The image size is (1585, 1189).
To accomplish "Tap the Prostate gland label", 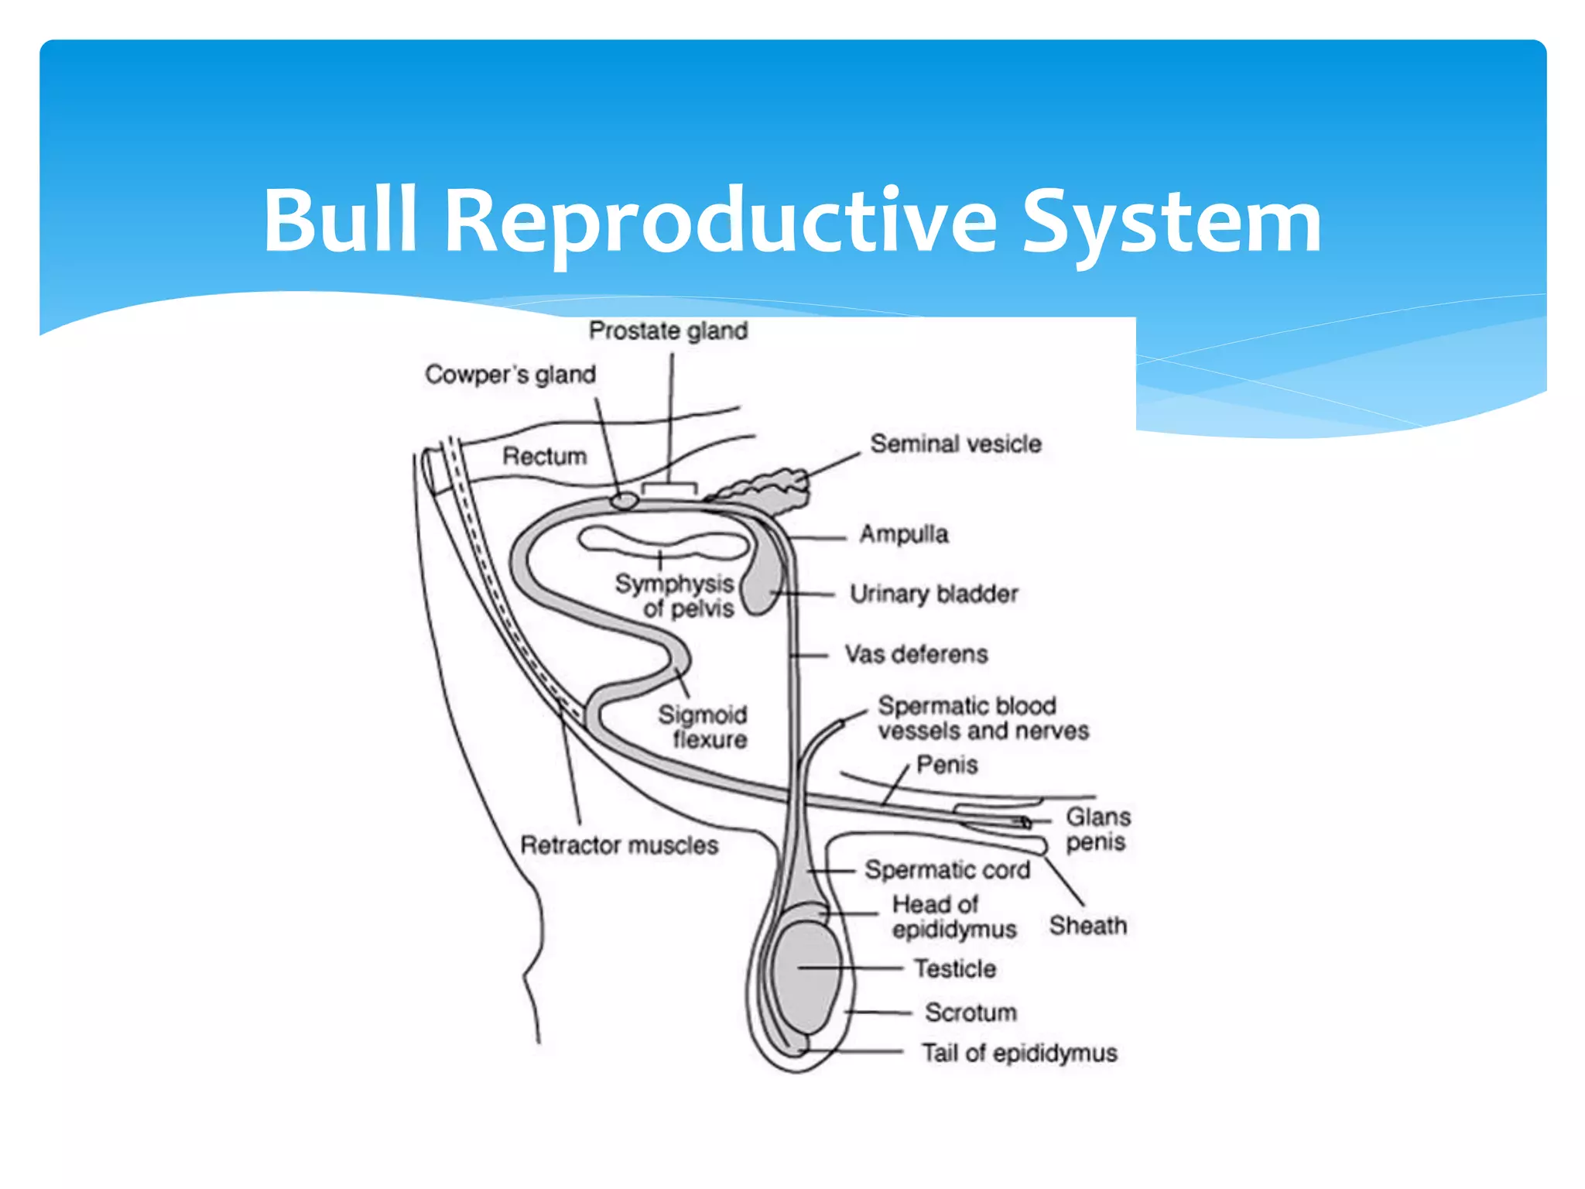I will coord(668,331).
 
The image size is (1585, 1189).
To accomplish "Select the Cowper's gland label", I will coord(510,375).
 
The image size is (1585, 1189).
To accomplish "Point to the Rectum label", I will coord(544,456).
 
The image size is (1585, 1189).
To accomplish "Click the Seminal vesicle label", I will coord(955,444).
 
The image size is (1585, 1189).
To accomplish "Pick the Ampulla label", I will coord(903,533).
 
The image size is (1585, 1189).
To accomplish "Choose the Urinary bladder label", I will coord(933,594).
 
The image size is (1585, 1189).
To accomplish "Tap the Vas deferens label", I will coord(916,654).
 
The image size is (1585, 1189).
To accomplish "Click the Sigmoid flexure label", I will coord(703,726).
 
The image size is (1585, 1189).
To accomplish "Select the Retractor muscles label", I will coord(618,845).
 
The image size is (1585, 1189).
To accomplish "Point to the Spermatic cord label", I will coord(947,869).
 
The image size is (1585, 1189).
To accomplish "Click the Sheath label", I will coord(1087,925).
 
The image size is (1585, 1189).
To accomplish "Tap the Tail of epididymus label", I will coord(1018,1053).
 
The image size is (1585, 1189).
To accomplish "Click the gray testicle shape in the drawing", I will coord(805,975).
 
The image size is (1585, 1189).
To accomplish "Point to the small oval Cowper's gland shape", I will coord(624,501).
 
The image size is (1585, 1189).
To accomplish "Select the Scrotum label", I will coord(971,1012).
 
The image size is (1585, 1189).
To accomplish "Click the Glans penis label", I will coord(1097,828).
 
